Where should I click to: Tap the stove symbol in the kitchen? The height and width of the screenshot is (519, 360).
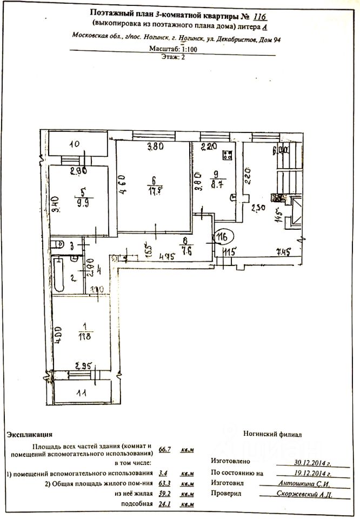pyautogui.click(x=228, y=155)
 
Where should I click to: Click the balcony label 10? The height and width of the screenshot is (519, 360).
pyautogui.click(x=75, y=144)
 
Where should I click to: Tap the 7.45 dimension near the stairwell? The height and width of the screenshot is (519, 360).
pyautogui.click(x=283, y=250)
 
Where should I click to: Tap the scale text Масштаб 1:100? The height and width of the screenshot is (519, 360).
pyautogui.click(x=180, y=49)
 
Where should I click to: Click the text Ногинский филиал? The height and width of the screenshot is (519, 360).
pyautogui.click(x=273, y=434)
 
